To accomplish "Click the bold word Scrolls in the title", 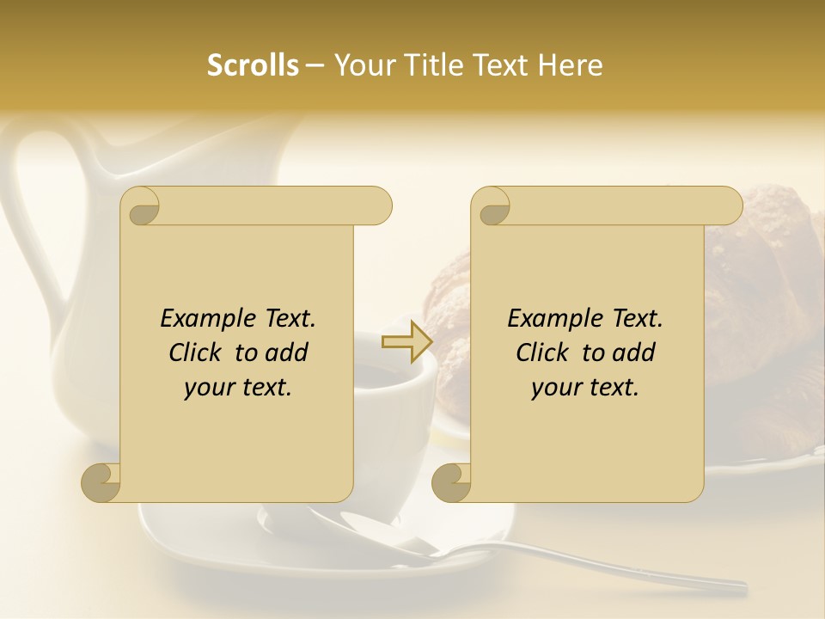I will point(253,65).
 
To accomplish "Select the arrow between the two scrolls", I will point(406,342).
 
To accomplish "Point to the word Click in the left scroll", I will point(199,352).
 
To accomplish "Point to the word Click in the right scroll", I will point(546,352).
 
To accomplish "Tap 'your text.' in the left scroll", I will point(238,387).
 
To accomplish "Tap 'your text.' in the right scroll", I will point(585,387).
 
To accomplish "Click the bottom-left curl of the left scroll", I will point(101,482).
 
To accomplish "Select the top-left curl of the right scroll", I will point(492,206).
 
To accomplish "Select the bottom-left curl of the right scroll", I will point(451,482).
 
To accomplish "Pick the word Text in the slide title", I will point(503,65).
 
